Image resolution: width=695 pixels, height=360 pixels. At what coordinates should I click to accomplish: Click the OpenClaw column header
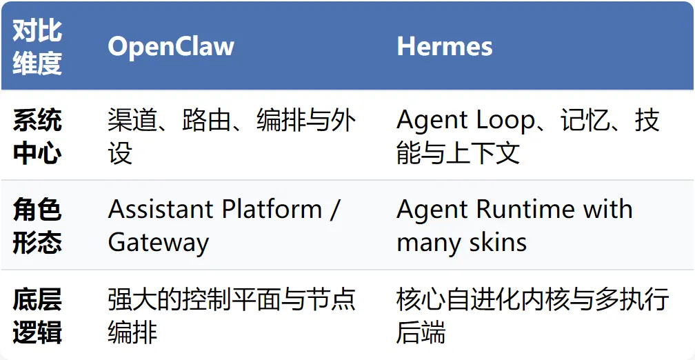coord(171,46)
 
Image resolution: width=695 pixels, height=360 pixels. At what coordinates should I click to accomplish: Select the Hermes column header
coord(444,46)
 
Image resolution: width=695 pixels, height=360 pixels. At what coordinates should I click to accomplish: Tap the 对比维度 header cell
coord(37,46)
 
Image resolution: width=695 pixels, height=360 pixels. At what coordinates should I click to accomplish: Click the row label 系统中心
coord(37,137)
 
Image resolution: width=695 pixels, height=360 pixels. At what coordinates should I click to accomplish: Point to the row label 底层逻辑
coord(37,317)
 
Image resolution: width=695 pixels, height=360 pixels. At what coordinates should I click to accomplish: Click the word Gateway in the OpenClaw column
coord(158,243)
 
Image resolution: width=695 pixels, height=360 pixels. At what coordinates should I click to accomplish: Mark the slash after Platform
coord(334,210)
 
